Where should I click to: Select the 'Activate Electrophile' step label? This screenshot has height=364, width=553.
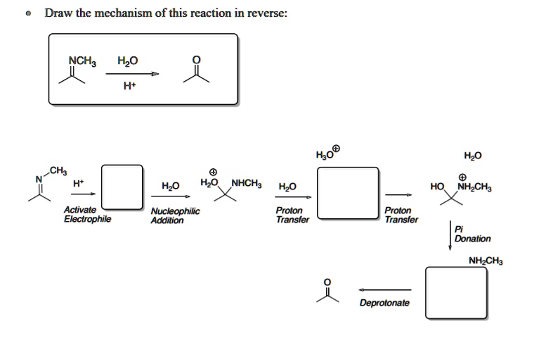pos(86,214)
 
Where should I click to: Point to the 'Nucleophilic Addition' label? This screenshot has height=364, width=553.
pos(175,215)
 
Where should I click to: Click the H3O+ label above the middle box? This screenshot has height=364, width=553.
pos(328,153)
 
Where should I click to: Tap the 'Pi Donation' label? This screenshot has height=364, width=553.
pos(472,234)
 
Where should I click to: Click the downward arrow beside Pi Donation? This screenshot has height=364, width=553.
pos(450,235)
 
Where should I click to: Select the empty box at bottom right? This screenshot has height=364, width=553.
pos(455,294)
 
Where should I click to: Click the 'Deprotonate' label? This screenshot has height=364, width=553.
pos(384,303)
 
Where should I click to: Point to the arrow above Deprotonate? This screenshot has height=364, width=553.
pos(384,289)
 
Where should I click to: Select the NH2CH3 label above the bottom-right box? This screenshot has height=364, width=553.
pos(485,261)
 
